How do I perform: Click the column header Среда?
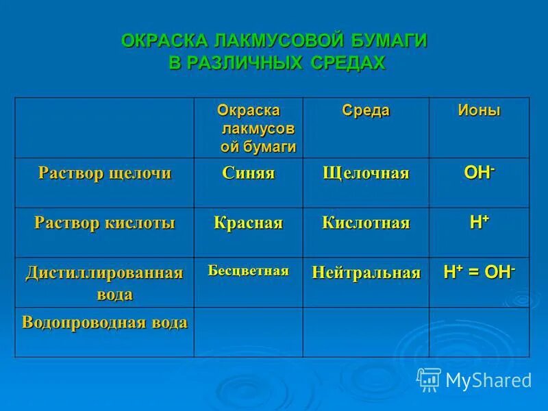[366, 110]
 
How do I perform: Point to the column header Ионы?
[479, 110]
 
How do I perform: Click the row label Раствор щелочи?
[105, 173]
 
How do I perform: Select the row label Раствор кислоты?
[105, 223]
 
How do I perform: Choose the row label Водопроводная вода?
[105, 323]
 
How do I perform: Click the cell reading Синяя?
[248, 173]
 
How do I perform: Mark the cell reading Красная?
[248, 223]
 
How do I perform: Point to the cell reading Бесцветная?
[248, 271]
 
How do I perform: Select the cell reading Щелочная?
[366, 173]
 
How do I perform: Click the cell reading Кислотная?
[366, 223]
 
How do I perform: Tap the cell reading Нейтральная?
[366, 273]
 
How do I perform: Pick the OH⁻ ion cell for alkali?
[479, 172]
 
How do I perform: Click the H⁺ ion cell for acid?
[479, 221]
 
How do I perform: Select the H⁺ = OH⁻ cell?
[479, 272]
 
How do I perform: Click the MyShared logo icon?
[429, 379]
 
